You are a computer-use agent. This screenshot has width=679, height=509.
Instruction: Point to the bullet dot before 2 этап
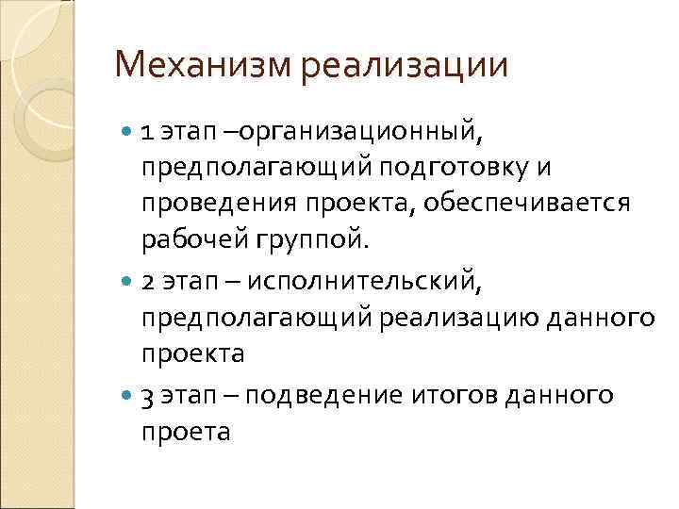(127, 282)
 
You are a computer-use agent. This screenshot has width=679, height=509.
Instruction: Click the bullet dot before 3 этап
(127, 394)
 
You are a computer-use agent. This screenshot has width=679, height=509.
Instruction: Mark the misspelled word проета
(186, 433)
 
